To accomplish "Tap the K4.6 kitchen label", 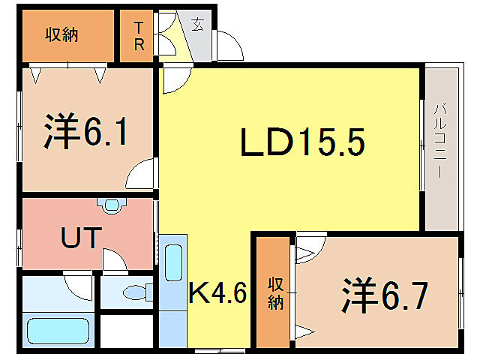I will [217, 292].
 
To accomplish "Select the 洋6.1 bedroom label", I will [83, 132].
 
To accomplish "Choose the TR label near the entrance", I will [139, 35].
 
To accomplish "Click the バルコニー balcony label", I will [440, 142].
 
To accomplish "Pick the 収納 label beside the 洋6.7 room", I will [275, 292].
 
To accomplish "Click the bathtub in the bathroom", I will [58, 331].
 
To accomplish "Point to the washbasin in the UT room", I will [112, 204].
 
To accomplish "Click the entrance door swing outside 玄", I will [227, 46].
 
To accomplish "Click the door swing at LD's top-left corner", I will [175, 79].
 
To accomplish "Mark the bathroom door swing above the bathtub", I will [78, 283].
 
